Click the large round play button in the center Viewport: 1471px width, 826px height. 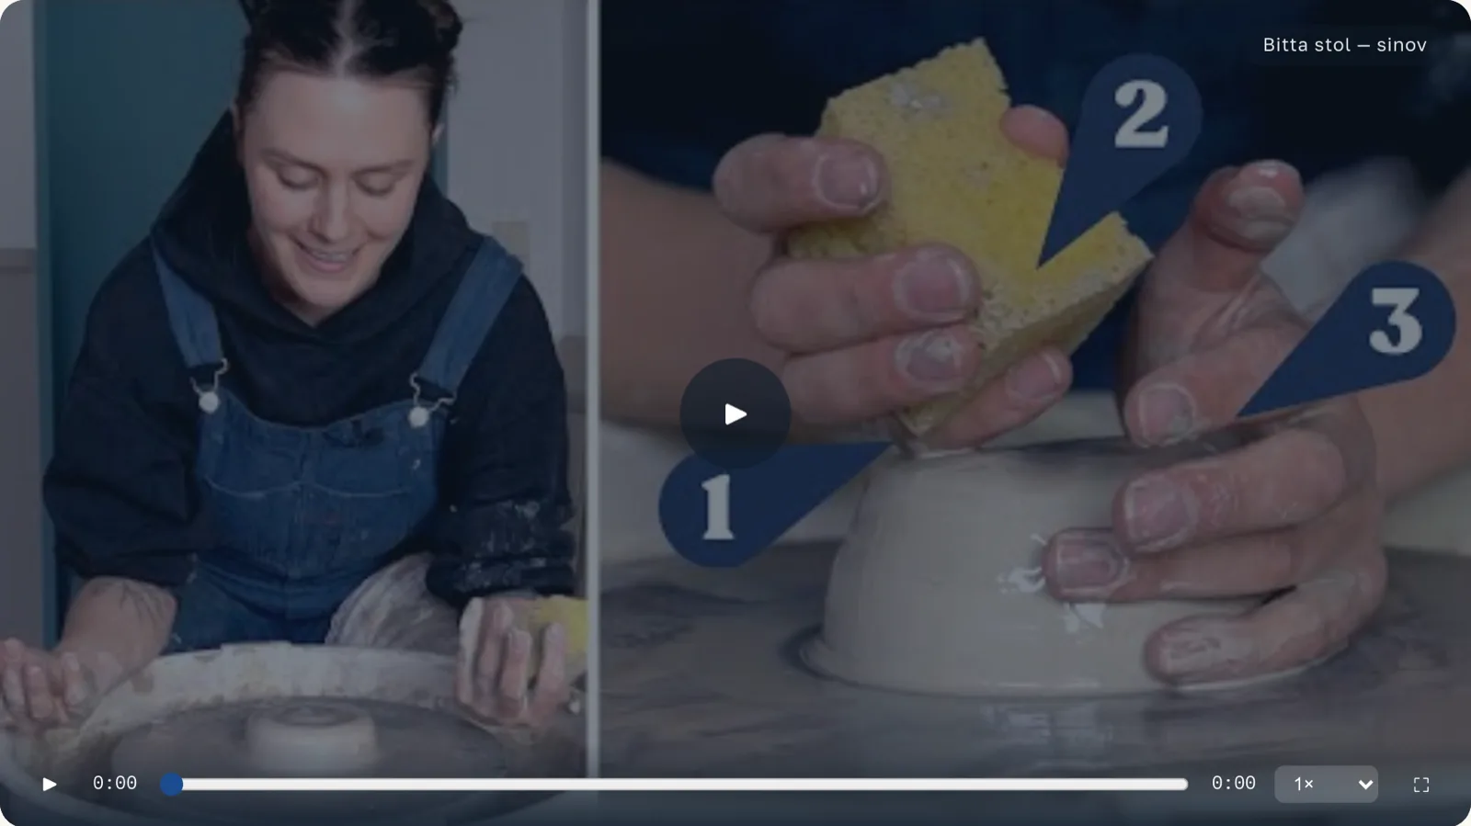click(735, 414)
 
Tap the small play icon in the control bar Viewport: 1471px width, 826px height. click(50, 784)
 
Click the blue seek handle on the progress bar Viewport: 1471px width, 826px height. click(171, 784)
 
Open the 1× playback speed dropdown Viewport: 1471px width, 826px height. click(1326, 784)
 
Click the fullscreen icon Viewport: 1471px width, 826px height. click(1421, 785)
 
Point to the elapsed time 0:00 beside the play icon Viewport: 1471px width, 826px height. click(114, 784)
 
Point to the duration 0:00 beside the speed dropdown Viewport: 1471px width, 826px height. click(1233, 784)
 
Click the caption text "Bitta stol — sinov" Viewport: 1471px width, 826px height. click(1344, 45)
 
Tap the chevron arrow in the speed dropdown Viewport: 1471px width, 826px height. click(1365, 785)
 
